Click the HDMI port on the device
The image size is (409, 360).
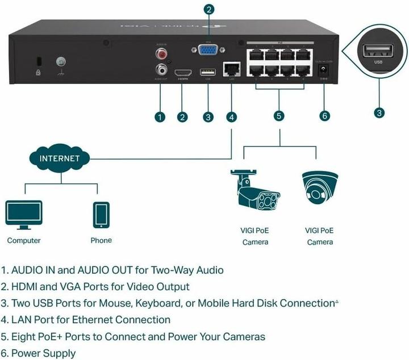(182, 72)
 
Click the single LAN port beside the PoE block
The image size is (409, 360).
(231, 69)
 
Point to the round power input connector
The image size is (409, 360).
(324, 70)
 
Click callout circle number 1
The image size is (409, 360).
(160, 117)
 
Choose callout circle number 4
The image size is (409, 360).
(231, 117)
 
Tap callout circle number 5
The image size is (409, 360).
(278, 116)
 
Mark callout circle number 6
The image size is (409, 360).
(324, 116)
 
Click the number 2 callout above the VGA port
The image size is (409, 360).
(209, 9)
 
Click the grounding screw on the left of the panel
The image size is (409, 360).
(60, 63)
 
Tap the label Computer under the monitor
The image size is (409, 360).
(24, 240)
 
